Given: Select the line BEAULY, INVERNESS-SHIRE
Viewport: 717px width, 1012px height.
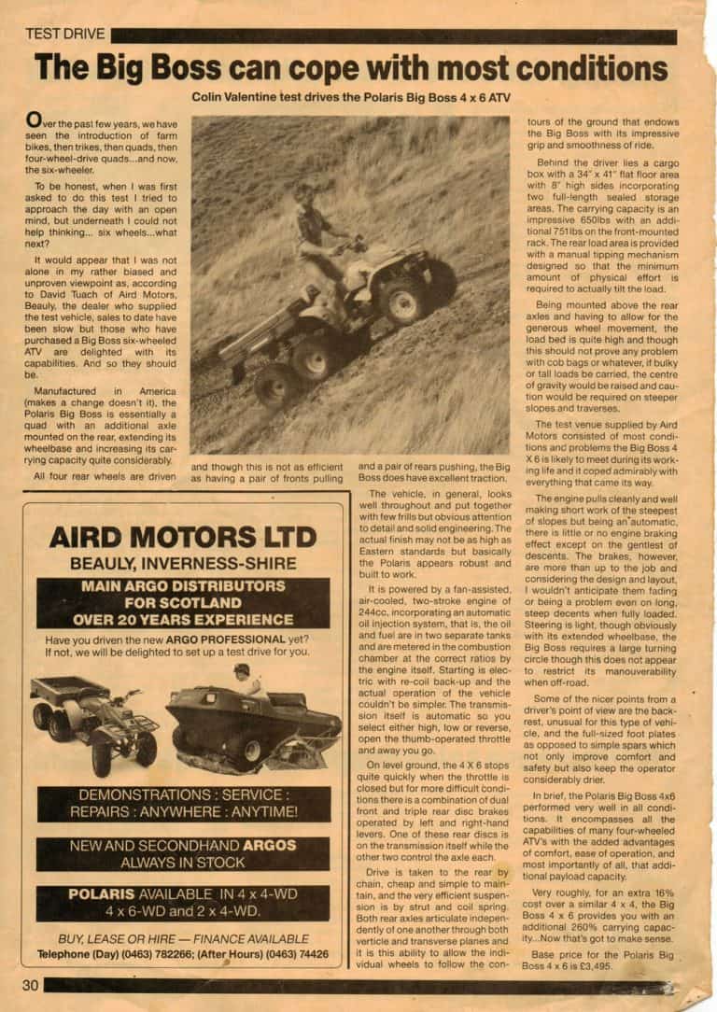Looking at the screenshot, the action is click(x=183, y=564).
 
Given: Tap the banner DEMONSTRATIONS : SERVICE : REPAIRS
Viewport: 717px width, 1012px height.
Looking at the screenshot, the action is click(x=184, y=803).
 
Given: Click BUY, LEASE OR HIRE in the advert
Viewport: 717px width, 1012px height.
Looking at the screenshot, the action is click(x=110, y=937).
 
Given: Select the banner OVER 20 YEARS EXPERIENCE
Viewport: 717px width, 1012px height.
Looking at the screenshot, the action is click(x=183, y=618).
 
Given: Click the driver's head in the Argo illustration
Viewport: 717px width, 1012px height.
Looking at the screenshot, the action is click(x=242, y=671).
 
